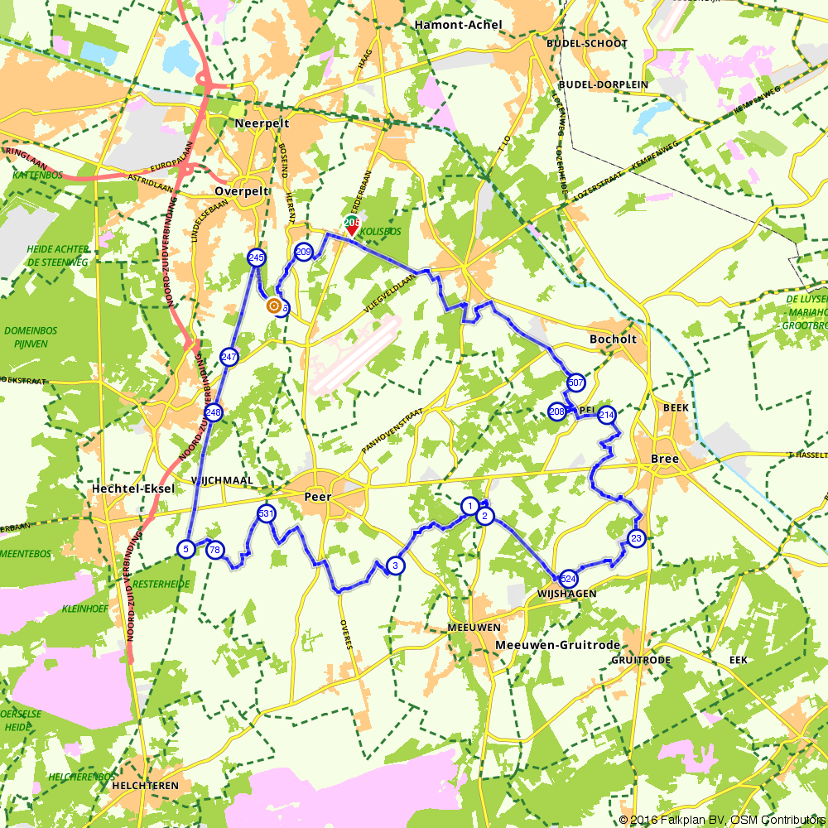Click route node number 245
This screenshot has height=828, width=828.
click(256, 258)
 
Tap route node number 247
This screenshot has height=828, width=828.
click(229, 357)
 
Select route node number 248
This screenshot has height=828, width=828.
click(214, 412)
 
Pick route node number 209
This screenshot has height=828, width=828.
click(303, 253)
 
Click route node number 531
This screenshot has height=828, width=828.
click(266, 513)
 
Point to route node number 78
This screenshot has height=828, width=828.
click(215, 550)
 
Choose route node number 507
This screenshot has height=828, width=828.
click(575, 383)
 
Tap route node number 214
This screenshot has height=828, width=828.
click(607, 415)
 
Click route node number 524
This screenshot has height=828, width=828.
click(568, 579)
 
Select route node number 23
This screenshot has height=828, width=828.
click(636, 539)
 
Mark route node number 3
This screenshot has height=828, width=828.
click(396, 566)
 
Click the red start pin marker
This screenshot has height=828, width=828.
click(351, 226)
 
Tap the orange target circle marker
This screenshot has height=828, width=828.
click(272, 306)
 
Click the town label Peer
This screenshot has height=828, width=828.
click(318, 497)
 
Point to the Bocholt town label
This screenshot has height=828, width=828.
click(614, 339)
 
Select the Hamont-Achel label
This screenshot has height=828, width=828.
click(459, 25)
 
